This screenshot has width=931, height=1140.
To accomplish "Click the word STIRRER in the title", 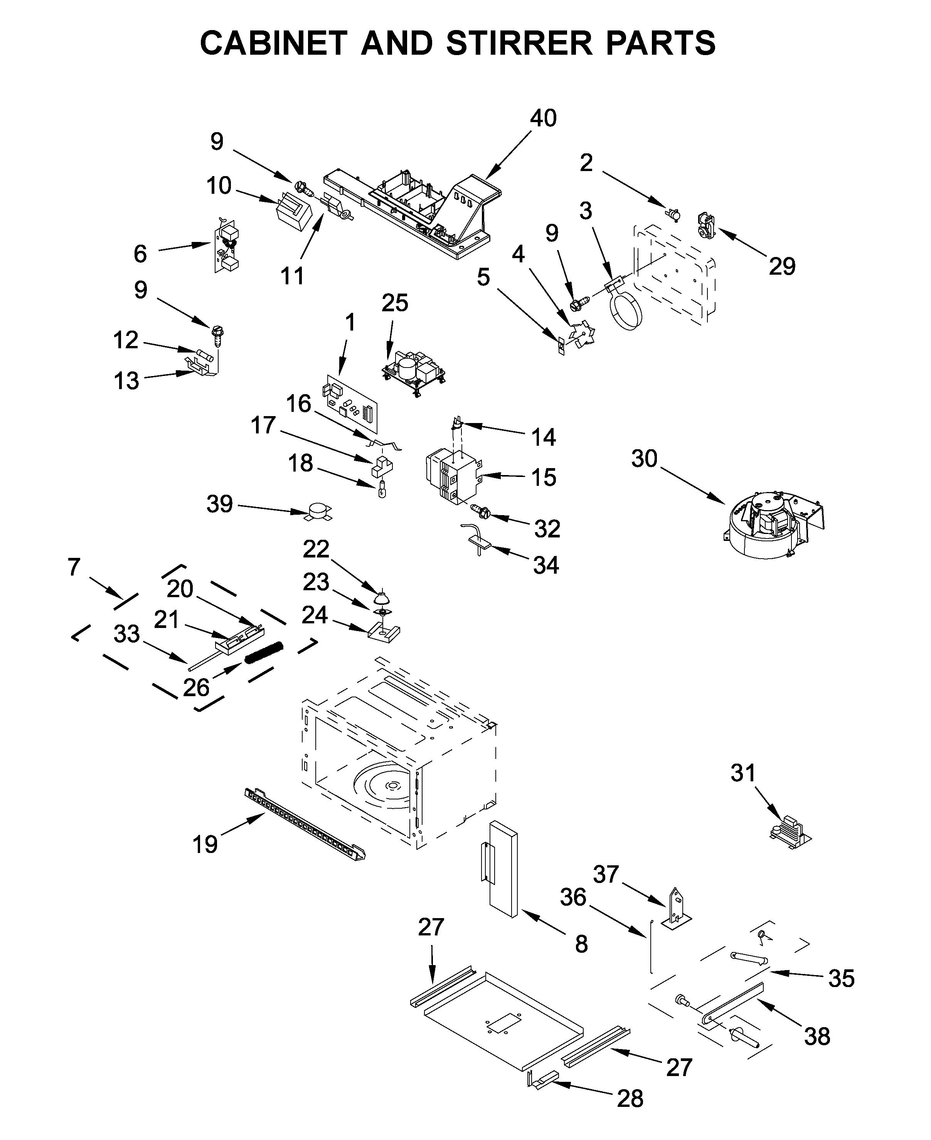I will coord(519,43).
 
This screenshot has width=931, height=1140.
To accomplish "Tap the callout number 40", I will coord(543,118).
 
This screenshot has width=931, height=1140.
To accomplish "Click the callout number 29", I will coord(782,266).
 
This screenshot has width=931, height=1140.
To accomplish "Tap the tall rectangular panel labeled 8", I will coord(503,869).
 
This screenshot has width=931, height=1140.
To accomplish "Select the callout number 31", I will coord(743,773).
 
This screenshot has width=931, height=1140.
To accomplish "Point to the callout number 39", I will coord(219,504).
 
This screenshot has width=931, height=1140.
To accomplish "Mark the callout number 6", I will coord(140,254).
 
